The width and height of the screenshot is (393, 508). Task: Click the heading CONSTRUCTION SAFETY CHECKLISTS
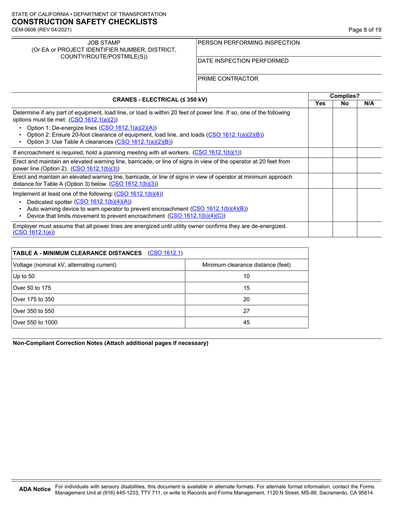(x=84, y=22)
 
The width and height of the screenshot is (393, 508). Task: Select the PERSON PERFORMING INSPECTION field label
(x=249, y=43)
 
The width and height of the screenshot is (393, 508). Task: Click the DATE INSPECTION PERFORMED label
(x=243, y=61)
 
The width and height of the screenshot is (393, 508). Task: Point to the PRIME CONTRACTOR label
(x=228, y=78)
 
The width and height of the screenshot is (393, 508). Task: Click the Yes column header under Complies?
(x=320, y=104)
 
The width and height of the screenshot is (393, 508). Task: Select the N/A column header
(x=369, y=104)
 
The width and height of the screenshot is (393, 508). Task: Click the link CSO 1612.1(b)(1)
(x=217, y=152)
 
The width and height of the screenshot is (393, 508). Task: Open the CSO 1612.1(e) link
(x=34, y=233)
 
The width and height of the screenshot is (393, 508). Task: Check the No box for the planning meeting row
(x=345, y=152)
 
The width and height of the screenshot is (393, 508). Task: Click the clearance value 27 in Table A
(x=247, y=311)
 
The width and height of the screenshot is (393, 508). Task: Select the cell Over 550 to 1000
(x=35, y=323)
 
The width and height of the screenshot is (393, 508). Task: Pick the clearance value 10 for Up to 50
(x=247, y=276)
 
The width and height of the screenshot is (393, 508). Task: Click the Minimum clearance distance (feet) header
(x=247, y=265)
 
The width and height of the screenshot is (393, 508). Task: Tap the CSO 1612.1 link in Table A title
(x=165, y=253)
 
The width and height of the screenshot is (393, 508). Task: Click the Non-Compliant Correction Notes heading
(x=111, y=343)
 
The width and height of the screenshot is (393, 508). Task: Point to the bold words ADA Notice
(x=35, y=489)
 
